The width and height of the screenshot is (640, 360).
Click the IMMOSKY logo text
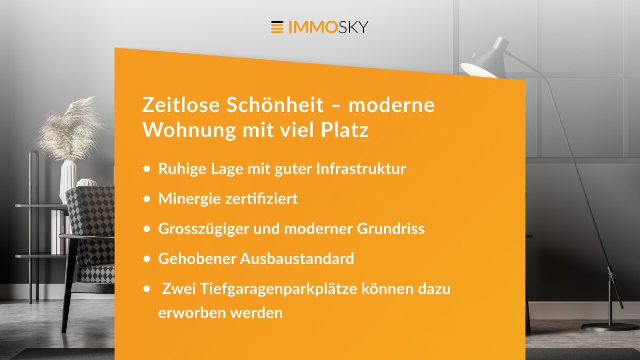pyautogui.click(x=328, y=27)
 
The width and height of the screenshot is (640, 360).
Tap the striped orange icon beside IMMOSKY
pyautogui.click(x=277, y=27)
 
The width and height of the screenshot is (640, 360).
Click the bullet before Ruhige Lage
pyautogui.click(x=147, y=169)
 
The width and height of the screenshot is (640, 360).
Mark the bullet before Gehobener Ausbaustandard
pyautogui.click(x=147, y=259)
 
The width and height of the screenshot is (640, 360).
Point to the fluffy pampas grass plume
pyautogui.click(x=69, y=128)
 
